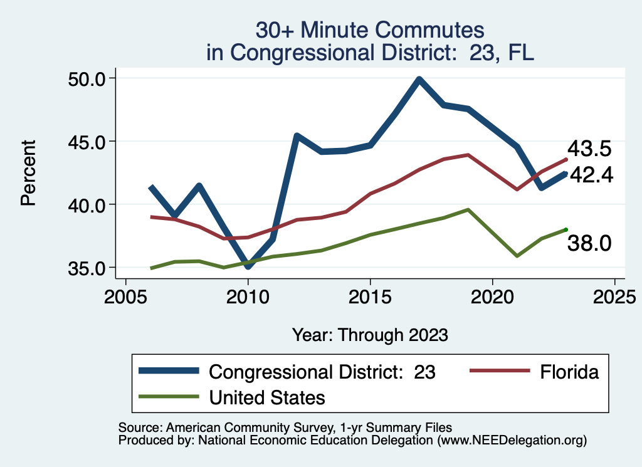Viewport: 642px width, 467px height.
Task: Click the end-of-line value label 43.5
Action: [x=589, y=149]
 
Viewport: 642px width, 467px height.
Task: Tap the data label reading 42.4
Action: [x=589, y=175]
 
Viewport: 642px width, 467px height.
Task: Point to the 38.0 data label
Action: [x=589, y=243]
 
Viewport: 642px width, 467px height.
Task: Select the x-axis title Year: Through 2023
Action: [x=370, y=335]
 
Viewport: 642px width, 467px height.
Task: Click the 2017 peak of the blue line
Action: [x=419, y=80]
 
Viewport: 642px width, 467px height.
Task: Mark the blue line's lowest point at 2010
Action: [x=248, y=266]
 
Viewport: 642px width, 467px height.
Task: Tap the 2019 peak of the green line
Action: [x=468, y=209]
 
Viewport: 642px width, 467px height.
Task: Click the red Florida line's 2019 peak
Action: [x=468, y=154]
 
